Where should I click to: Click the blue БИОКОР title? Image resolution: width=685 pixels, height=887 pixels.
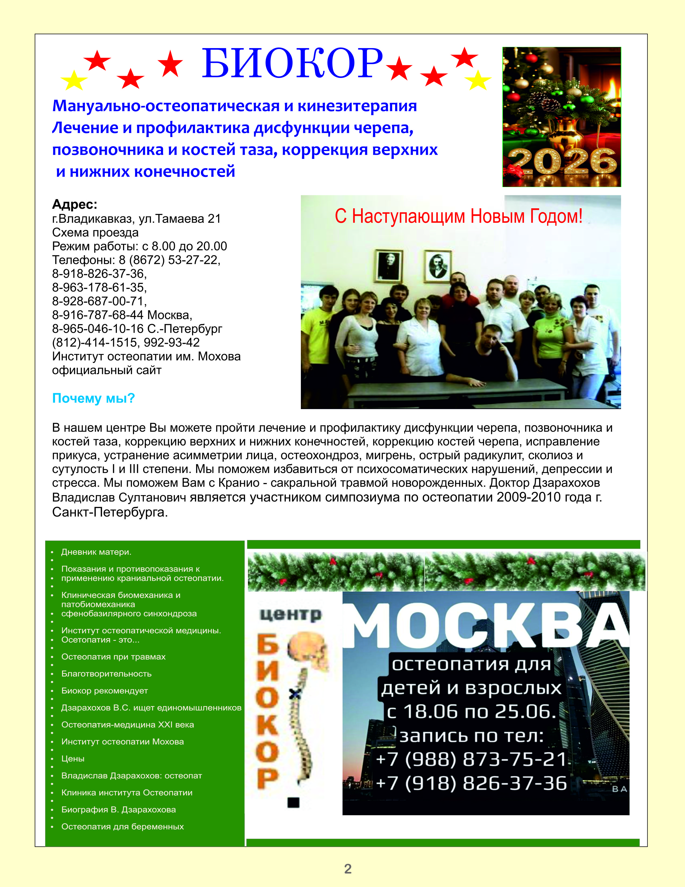292,63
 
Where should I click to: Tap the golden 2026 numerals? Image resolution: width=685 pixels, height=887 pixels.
562,161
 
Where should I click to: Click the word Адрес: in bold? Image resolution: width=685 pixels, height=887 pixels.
75,204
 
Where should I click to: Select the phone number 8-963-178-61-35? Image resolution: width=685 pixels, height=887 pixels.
99,288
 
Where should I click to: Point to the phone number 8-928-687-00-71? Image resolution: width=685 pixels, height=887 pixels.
99,301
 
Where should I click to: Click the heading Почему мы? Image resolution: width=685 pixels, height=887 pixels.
93,398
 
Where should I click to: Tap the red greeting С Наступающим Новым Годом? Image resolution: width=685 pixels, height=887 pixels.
459,216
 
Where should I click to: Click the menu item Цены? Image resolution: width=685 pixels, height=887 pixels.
73,759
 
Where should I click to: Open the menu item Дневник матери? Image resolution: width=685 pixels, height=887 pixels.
96,552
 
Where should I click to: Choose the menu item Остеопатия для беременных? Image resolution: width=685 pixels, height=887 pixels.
122,827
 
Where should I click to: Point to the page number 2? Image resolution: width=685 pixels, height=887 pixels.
348,869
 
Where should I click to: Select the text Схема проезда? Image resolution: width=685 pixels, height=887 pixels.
95,233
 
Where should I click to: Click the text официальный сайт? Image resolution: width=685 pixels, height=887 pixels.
107,370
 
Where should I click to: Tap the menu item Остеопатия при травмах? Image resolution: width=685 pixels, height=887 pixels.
113,657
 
